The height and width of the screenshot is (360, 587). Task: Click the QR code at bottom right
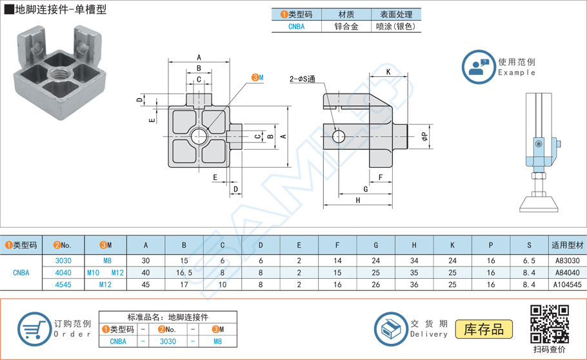tap(550, 325)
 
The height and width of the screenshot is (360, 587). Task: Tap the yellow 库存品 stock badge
tap(483, 329)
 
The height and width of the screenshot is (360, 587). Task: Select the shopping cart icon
tap(32, 329)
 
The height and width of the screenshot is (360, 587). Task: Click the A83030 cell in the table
tap(567, 261)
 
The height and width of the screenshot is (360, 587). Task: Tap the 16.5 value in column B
tap(184, 272)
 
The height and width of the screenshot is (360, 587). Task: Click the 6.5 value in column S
tap(529, 261)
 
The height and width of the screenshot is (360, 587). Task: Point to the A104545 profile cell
tap(567, 284)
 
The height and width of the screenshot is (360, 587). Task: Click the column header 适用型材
tap(567, 245)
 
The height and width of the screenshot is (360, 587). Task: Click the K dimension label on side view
tap(389, 72)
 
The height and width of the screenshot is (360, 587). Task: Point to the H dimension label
tap(357, 201)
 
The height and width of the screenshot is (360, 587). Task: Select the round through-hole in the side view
tap(339, 135)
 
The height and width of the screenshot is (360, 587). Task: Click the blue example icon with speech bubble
tap(478, 67)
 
